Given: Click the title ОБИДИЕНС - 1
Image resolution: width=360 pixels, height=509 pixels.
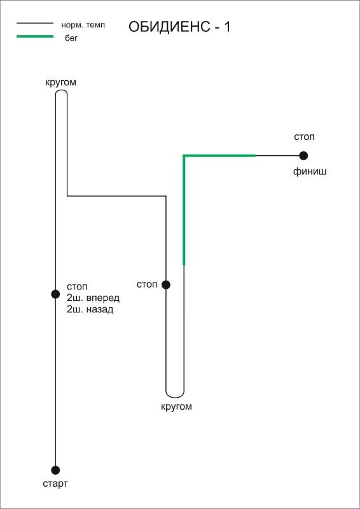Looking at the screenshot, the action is click(179, 27).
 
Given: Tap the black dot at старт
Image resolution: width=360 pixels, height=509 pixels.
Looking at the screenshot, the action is click(55, 470).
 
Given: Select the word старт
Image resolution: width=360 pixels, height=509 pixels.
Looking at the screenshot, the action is click(55, 484).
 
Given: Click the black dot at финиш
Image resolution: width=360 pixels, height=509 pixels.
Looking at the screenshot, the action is click(303, 156).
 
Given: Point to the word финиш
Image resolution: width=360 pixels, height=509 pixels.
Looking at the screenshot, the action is click(310, 172).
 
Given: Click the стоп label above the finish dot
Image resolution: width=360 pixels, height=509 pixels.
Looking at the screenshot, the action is click(305, 137).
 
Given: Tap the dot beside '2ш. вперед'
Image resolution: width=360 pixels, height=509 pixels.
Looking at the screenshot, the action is click(55, 294).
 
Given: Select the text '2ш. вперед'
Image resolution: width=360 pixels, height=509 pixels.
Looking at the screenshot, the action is click(93, 298).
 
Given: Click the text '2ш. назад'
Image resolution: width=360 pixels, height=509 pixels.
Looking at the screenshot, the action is click(90, 310).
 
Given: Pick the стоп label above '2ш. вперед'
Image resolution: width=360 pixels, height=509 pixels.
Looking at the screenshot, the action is click(77, 287).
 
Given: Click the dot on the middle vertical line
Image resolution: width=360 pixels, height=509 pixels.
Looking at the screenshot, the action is click(166, 284).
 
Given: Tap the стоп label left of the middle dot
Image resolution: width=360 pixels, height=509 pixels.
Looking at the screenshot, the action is click(147, 284).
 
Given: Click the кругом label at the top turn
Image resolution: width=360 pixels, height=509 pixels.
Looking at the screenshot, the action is click(60, 83).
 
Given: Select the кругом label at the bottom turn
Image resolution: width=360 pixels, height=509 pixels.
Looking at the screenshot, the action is click(177, 407).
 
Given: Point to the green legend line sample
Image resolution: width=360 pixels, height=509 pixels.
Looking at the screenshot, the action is click(35, 36).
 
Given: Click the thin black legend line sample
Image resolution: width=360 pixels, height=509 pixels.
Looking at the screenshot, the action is click(35, 23).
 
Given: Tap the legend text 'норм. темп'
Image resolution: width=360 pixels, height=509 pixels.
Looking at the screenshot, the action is click(83, 25).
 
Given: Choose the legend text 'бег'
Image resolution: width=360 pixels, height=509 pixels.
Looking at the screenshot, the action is click(71, 39).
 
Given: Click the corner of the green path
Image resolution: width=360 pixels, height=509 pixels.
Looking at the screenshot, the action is click(184, 156).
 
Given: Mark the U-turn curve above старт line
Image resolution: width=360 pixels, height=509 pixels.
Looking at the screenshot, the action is click(61, 90).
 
